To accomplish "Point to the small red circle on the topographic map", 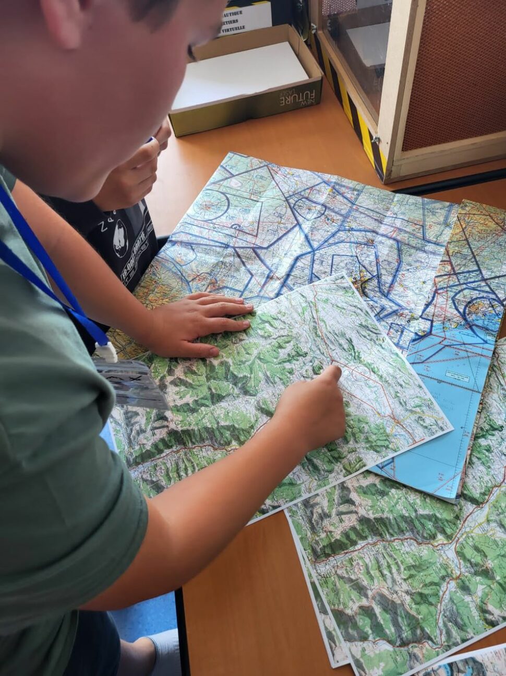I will pyautogui.click(x=360, y=372).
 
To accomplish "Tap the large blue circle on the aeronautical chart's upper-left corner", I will pyautogui.click(x=209, y=204).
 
